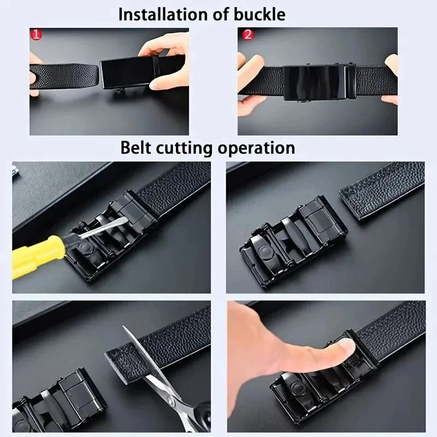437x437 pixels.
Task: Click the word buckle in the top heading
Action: [257, 14]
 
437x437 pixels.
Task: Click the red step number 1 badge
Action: [36, 35]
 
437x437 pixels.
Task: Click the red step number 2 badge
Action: [247, 35]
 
